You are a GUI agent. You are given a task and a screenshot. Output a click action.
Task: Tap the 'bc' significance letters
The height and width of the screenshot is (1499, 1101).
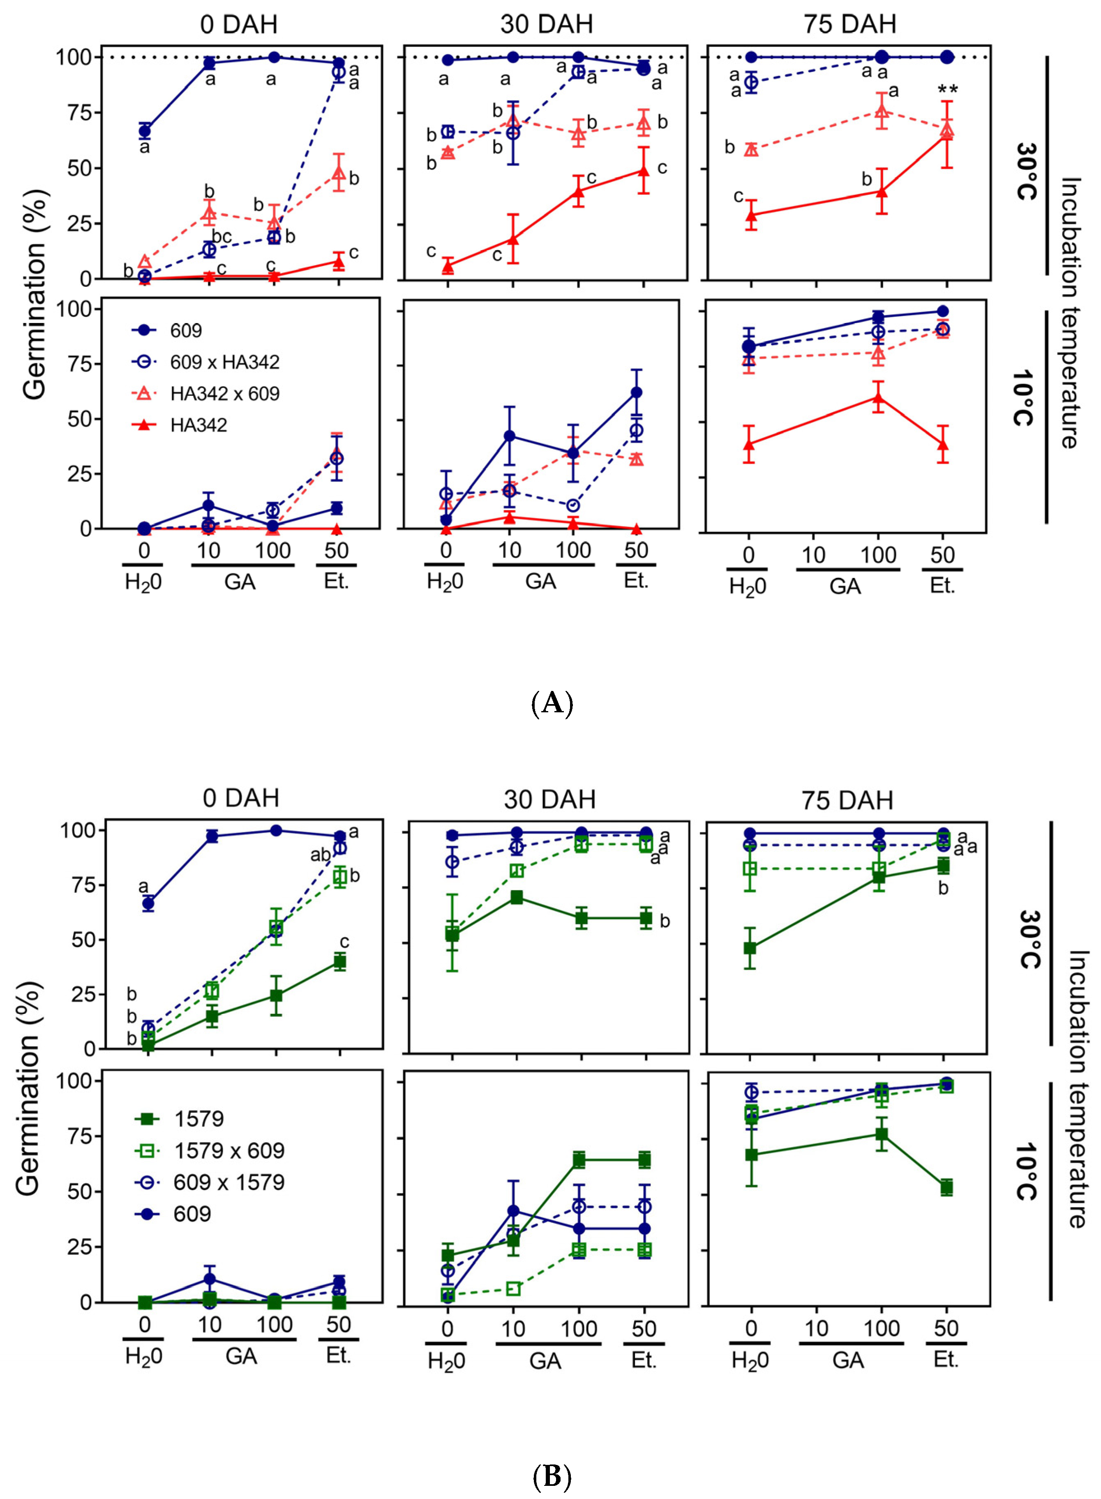222,237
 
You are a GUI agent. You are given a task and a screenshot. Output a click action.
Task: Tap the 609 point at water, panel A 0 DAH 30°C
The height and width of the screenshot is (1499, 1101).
145,131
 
